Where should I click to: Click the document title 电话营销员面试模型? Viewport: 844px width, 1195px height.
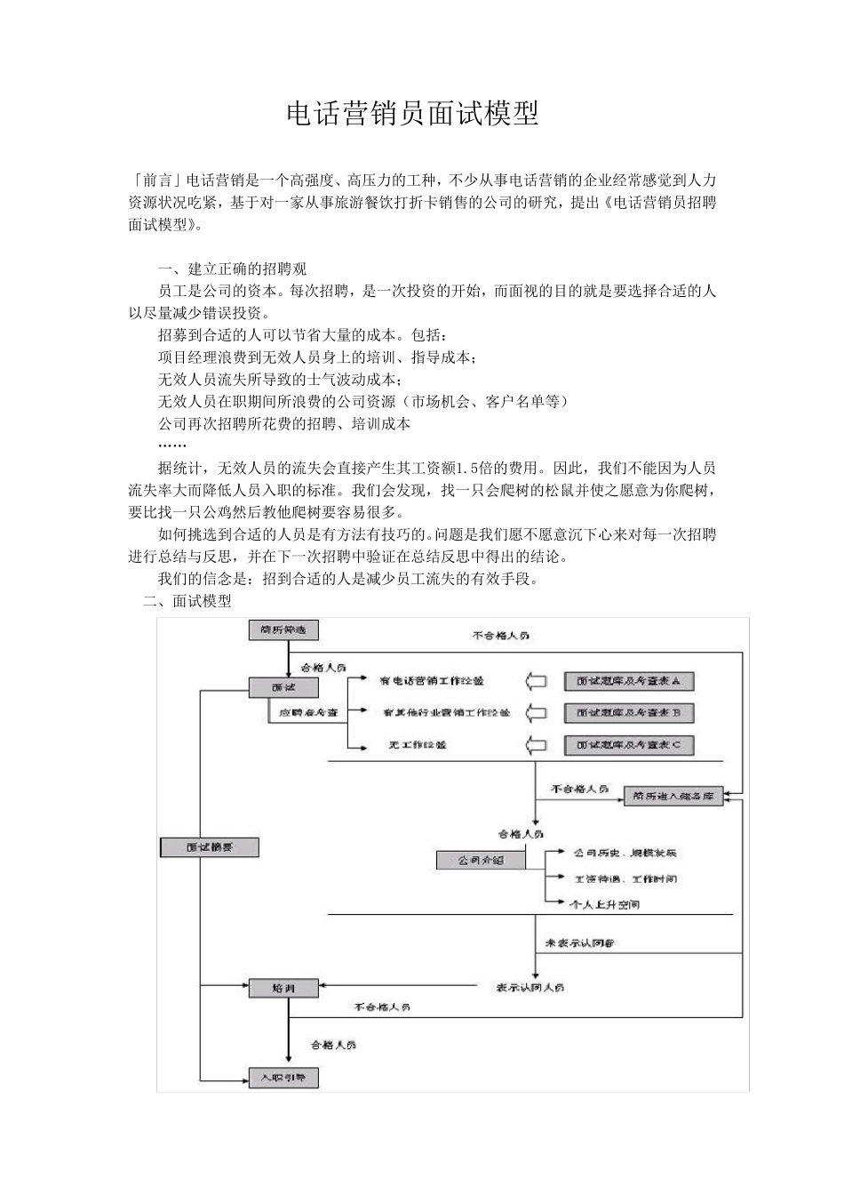click(412, 115)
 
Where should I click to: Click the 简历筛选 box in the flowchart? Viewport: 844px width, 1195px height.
click(283, 630)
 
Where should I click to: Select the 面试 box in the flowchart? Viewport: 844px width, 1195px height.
click(283, 686)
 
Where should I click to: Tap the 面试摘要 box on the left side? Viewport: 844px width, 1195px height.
click(210, 846)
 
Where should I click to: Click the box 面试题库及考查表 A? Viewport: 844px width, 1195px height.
click(628, 681)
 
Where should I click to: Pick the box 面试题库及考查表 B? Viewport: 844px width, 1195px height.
click(628, 713)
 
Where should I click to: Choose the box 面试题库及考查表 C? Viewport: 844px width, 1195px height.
click(628, 745)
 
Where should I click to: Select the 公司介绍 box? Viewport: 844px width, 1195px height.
click(481, 861)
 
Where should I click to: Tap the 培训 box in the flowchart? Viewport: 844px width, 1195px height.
click(283, 988)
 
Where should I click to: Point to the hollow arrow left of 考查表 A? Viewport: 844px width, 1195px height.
click(537, 682)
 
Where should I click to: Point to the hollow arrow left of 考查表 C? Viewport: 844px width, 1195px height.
click(537, 745)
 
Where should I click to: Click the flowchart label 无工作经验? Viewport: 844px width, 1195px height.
click(417, 745)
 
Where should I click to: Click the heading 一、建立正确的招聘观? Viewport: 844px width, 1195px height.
click(232, 269)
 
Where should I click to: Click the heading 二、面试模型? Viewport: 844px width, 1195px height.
click(187, 601)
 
